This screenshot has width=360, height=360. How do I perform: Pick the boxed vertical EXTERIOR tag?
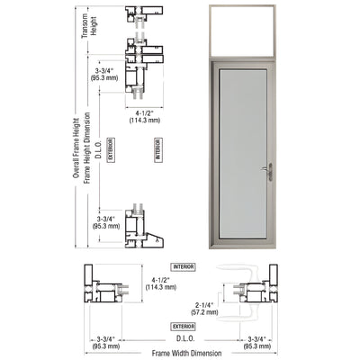(x=110, y=147)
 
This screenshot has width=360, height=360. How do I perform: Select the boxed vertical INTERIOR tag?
(x=157, y=147)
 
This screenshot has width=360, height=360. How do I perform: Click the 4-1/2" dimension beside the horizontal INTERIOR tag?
(x=161, y=282)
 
